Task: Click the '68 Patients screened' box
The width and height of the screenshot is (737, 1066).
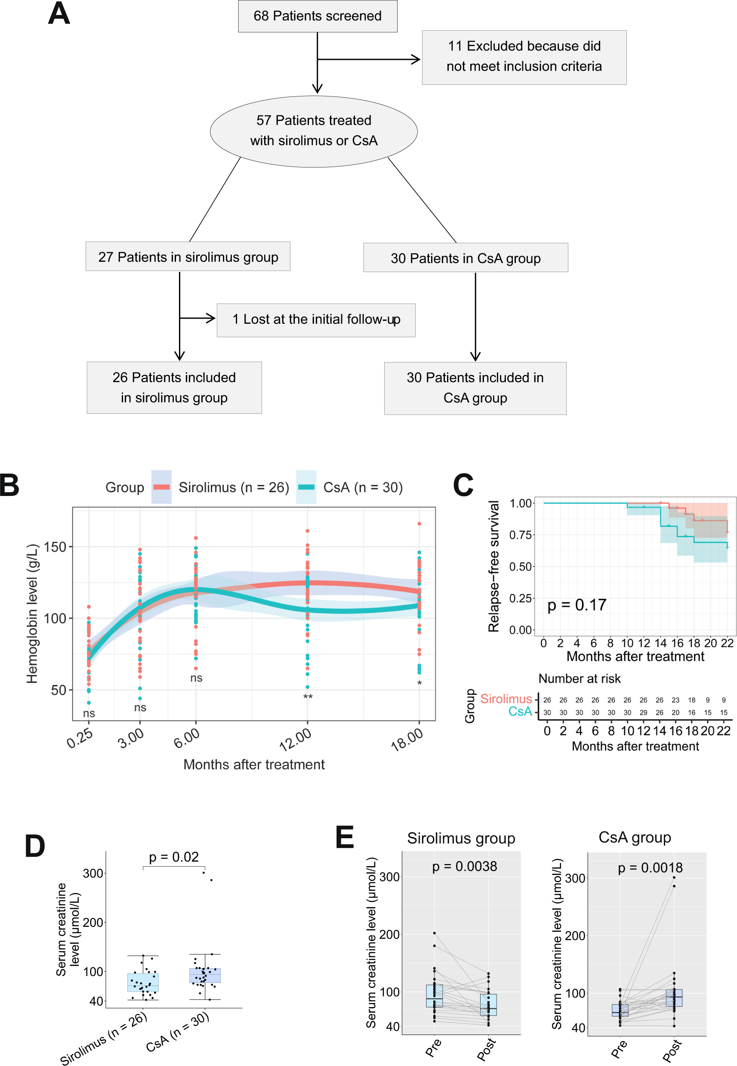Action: click(x=317, y=16)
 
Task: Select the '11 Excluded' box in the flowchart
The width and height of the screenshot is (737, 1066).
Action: click(x=524, y=57)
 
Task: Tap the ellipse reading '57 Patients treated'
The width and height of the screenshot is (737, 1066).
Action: click(x=314, y=131)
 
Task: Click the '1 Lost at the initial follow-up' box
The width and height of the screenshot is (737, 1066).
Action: click(x=316, y=320)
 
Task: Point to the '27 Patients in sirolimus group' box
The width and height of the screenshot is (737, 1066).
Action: click(x=188, y=257)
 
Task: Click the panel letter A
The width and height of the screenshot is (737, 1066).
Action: click(x=59, y=14)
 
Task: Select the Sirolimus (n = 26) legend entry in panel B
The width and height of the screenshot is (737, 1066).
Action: click(x=222, y=487)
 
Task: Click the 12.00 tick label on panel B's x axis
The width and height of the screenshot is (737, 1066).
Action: click(x=296, y=739)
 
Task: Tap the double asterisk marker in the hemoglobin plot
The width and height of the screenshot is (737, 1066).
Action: click(x=308, y=697)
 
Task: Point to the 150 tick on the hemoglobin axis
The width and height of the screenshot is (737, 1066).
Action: click(x=55, y=547)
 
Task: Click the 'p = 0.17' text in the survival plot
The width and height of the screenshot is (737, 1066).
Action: click(x=576, y=605)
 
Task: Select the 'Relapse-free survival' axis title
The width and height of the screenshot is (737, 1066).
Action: click(x=493, y=566)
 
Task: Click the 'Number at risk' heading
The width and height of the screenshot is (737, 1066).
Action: click(x=579, y=679)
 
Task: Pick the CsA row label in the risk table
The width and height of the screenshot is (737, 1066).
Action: click(x=520, y=712)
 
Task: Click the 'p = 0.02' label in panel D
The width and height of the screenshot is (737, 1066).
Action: click(x=174, y=857)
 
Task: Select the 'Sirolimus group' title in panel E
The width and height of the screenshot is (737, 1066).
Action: click(x=461, y=838)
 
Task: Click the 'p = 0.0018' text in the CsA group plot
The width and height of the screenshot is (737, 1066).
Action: click(x=650, y=868)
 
